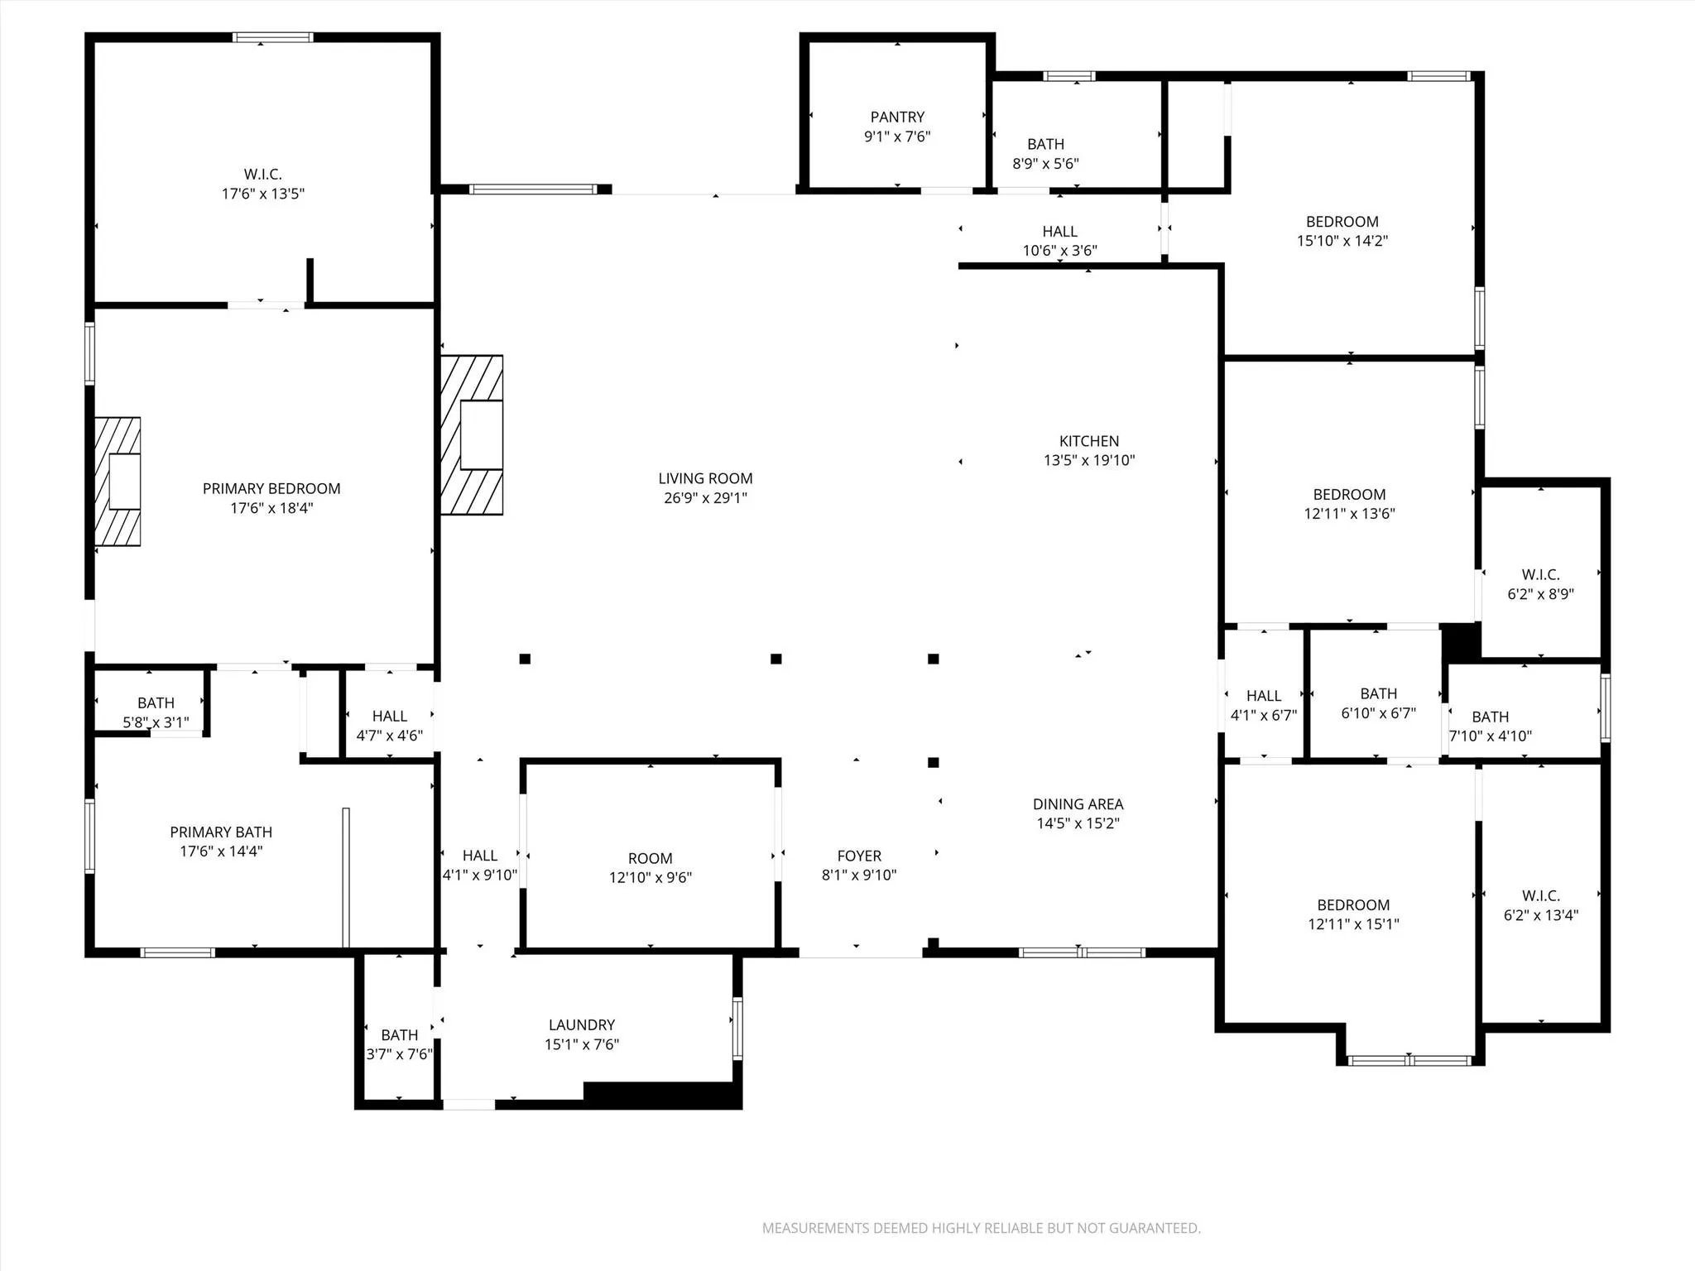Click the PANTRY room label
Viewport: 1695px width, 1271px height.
click(x=897, y=118)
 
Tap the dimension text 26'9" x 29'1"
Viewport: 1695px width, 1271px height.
click(x=705, y=498)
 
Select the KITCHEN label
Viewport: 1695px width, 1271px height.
click(x=1088, y=441)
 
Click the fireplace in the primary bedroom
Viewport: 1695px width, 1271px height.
click(x=118, y=482)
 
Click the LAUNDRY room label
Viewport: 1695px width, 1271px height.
click(x=581, y=1024)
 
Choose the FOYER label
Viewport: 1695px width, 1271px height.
click(x=859, y=856)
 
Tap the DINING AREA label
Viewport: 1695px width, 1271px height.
click(x=1078, y=803)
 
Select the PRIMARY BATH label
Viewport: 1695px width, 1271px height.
click(x=221, y=832)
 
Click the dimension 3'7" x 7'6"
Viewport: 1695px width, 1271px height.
click(x=399, y=1054)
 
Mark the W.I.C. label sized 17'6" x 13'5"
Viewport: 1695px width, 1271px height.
click(x=263, y=174)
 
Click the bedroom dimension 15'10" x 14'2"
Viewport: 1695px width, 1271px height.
click(x=1342, y=241)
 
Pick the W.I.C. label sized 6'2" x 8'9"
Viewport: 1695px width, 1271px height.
click(x=1540, y=574)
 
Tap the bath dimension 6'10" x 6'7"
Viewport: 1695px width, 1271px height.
click(x=1378, y=712)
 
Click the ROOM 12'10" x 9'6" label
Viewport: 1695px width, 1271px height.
click(x=650, y=858)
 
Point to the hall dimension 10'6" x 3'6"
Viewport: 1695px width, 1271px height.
click(x=1059, y=250)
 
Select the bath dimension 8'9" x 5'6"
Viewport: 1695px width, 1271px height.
click(x=1045, y=164)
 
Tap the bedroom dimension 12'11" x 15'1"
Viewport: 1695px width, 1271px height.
click(x=1353, y=924)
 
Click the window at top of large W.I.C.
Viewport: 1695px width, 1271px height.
click(x=273, y=37)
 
